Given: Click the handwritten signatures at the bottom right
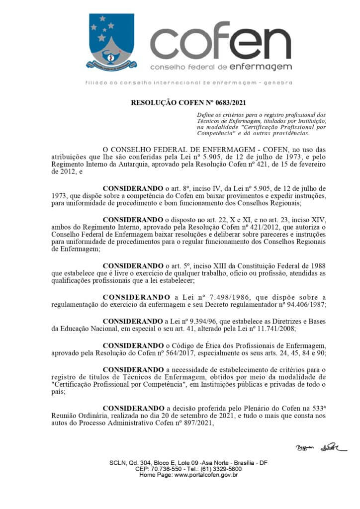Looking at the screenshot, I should (320, 448).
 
